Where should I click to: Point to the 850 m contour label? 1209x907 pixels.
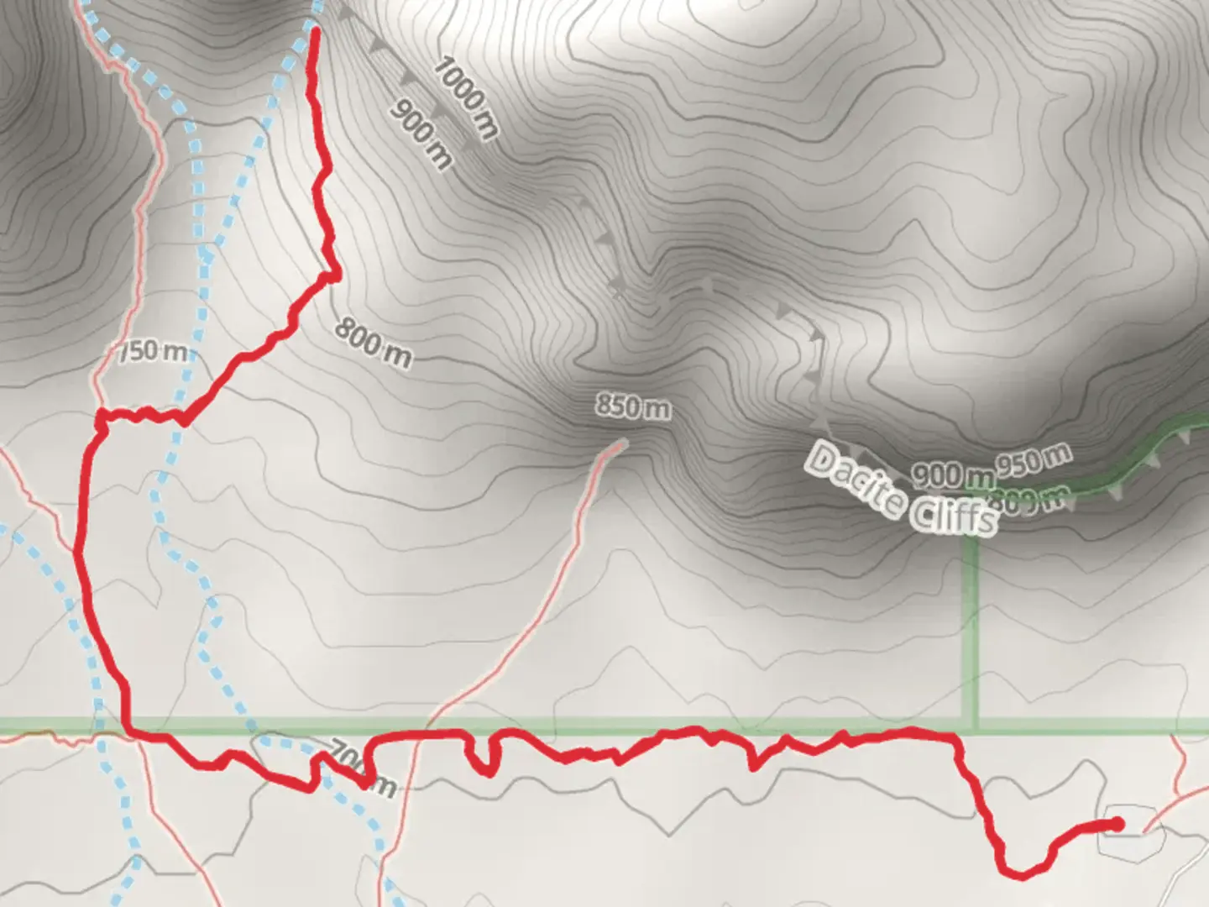click(x=633, y=406)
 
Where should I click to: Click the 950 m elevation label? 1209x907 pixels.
click(x=1034, y=460)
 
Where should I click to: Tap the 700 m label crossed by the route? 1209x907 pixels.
click(x=361, y=766)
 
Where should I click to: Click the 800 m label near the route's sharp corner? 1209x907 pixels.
click(x=373, y=343)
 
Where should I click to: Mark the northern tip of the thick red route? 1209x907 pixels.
click(x=316, y=32)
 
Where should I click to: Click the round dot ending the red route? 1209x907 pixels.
click(x=1116, y=824)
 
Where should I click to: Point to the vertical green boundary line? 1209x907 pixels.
click(x=972, y=630)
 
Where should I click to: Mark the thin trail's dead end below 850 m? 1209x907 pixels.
click(x=622, y=443)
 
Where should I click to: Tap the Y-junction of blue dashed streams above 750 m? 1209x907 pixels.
click(x=207, y=254)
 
